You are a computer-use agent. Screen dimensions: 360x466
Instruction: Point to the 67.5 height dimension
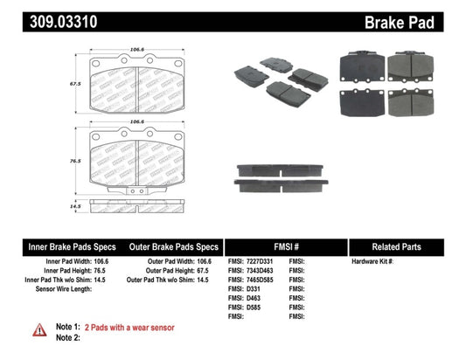77,85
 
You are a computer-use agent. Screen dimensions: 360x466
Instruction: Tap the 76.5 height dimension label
77,161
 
